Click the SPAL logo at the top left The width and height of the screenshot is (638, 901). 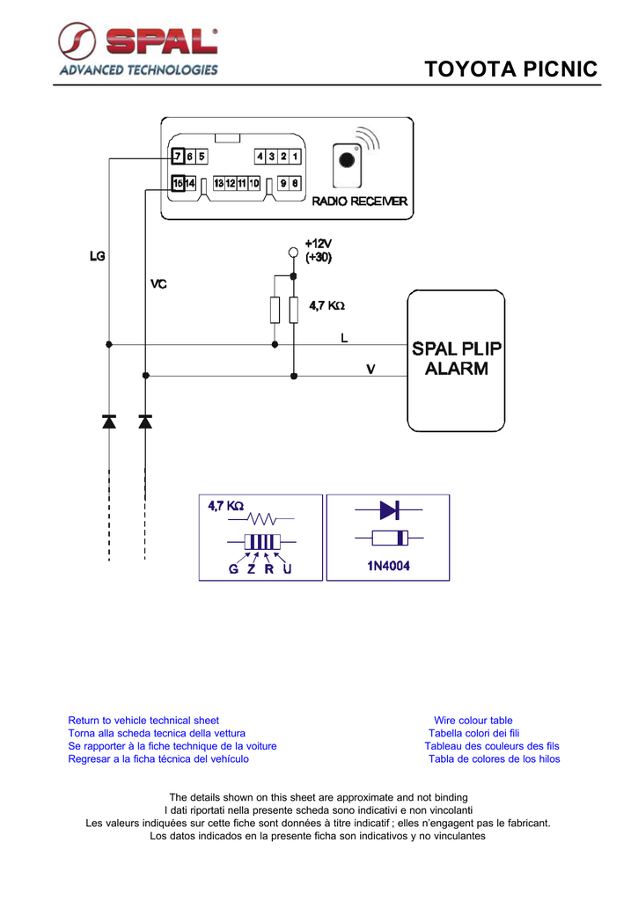[x=138, y=49]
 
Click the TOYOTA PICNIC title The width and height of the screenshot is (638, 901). [x=511, y=69]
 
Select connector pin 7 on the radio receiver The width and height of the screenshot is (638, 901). [x=178, y=156]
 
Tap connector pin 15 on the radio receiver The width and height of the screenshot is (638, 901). [x=178, y=183]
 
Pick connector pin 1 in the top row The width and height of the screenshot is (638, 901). [x=295, y=157]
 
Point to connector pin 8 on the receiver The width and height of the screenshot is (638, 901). [x=295, y=183]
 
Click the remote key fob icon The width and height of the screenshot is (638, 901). [x=348, y=165]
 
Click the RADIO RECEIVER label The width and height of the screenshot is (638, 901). [x=359, y=201]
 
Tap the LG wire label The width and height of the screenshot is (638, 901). [x=97, y=256]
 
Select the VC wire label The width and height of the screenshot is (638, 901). [x=158, y=284]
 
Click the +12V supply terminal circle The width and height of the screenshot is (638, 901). [x=293, y=253]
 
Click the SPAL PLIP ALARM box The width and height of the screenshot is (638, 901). [x=457, y=360]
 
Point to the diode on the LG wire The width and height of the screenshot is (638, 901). [x=109, y=421]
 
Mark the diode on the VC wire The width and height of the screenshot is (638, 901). [x=145, y=421]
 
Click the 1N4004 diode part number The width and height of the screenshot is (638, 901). [x=389, y=566]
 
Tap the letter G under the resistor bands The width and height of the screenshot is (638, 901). [x=233, y=569]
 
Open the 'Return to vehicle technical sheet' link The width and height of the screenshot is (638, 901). [x=143, y=721]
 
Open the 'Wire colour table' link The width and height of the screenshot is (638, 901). [x=473, y=721]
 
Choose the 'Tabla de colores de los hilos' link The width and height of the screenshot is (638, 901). [x=495, y=759]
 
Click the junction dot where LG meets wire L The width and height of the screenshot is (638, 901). [x=109, y=344]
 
